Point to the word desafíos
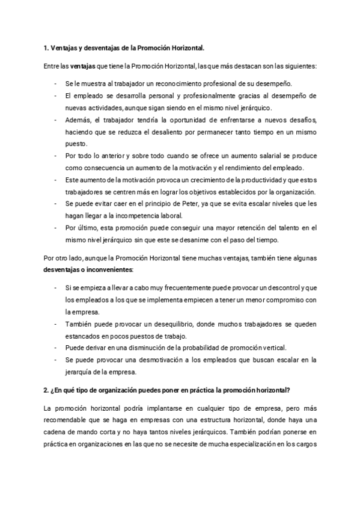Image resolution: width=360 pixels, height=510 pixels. (302, 120)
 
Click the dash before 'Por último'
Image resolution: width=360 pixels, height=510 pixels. (55, 228)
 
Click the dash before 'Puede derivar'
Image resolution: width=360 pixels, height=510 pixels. (55, 348)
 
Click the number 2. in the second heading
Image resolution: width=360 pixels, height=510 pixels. (47, 390)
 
